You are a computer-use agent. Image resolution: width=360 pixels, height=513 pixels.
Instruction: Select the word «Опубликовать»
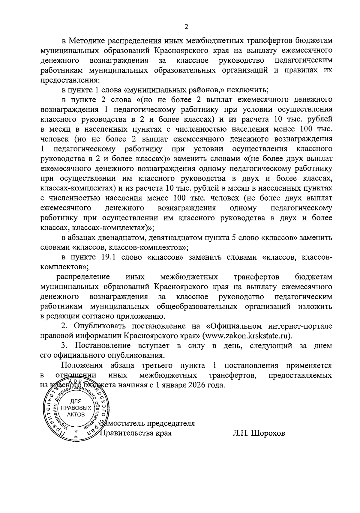pos(101,326)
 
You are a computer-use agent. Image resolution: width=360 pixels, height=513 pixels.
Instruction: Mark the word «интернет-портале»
pos(300,326)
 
